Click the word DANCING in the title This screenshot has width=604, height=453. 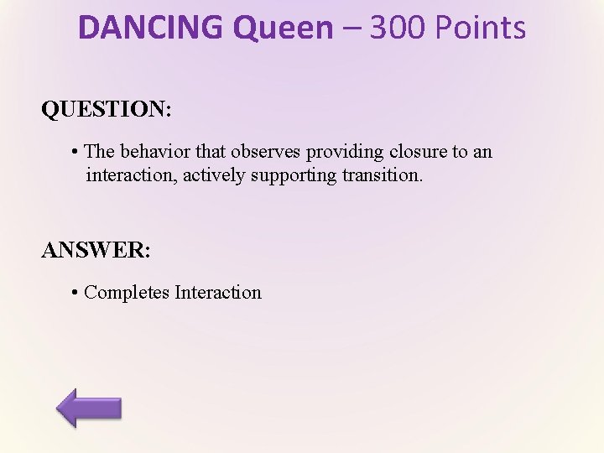(151, 28)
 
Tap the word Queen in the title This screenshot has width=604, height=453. (283, 28)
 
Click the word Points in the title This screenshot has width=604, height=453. (480, 28)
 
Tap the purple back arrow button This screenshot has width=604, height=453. (89, 408)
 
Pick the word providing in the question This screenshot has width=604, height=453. (343, 152)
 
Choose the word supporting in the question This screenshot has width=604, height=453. (289, 175)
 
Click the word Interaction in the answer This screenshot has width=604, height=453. (218, 293)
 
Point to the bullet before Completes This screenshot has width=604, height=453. (75, 293)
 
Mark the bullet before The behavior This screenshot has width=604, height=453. (75, 152)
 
